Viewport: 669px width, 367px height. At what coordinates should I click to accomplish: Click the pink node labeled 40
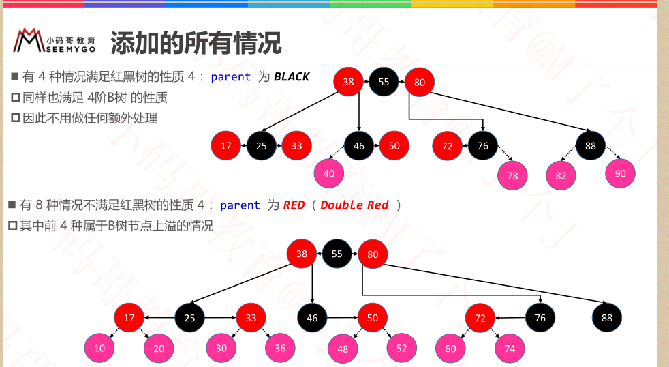(329, 173)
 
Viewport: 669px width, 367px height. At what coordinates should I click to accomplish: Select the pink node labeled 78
(512, 175)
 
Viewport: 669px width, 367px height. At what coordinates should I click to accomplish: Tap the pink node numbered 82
(561, 175)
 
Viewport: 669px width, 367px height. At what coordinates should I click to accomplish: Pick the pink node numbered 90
(620, 173)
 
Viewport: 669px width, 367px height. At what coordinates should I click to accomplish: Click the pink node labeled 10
(99, 349)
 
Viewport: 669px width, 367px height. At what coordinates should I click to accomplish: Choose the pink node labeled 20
(159, 349)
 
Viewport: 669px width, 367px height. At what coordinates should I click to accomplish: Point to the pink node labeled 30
(221, 348)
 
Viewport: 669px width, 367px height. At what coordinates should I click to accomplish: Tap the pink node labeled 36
(280, 348)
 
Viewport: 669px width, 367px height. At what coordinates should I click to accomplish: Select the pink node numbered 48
(343, 349)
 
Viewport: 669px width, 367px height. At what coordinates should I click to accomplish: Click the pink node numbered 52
(401, 348)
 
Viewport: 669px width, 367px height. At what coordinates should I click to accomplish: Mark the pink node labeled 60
(450, 348)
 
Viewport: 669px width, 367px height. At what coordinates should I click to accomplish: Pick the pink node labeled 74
(510, 348)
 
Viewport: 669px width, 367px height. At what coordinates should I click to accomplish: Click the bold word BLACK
(292, 76)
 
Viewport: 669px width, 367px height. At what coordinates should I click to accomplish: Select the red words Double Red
(354, 205)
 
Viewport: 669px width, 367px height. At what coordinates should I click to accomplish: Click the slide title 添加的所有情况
(196, 43)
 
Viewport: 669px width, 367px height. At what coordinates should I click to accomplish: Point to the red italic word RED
(294, 205)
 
